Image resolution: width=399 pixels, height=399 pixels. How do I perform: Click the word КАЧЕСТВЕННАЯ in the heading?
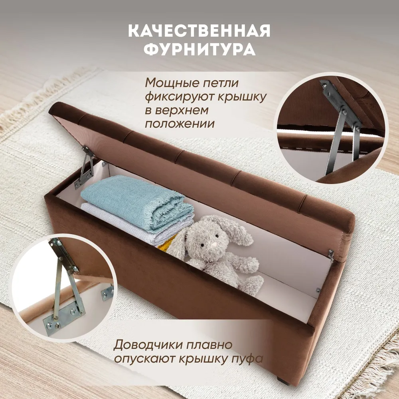pyautogui.click(x=199, y=31)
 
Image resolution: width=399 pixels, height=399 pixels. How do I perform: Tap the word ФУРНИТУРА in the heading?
pyautogui.click(x=199, y=49)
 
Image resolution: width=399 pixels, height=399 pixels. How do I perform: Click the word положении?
pyautogui.click(x=180, y=124)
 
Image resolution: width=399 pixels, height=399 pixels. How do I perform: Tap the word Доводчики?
pyautogui.click(x=148, y=345)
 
